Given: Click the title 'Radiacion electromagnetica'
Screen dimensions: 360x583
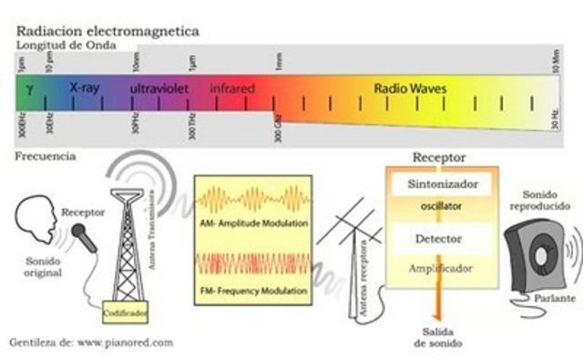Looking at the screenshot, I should (x=108, y=31).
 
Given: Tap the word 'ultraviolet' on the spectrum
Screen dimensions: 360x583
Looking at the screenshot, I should (x=161, y=90).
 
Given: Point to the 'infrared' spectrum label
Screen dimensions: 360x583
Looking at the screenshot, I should (x=232, y=89).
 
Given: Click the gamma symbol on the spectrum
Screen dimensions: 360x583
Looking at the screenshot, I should (x=29, y=89).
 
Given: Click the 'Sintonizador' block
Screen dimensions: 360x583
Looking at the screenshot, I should (x=442, y=185).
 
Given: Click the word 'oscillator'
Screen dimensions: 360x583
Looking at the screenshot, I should (x=442, y=207).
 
